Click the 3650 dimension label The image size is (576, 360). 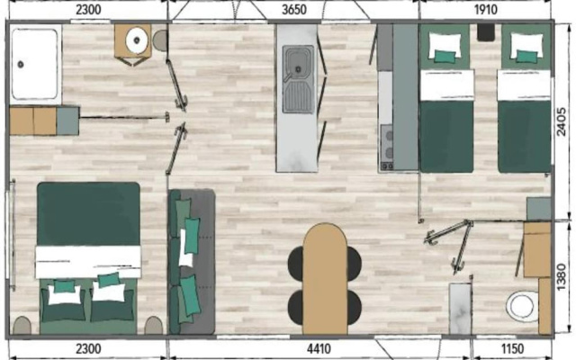click(x=294, y=10)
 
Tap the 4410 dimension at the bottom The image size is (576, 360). click(x=319, y=348)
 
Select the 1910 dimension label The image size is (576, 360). click(x=486, y=10)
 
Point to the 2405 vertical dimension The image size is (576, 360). click(x=562, y=122)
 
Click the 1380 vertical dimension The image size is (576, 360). click(x=562, y=277)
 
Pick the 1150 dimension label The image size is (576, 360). click(x=512, y=348)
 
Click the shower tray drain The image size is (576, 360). click(x=21, y=65)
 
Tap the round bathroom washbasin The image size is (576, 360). click(x=137, y=40)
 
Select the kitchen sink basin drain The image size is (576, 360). click(x=299, y=68)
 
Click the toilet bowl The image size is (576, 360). click(x=522, y=306)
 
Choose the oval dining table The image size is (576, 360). click(x=325, y=279)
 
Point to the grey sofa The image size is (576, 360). click(x=192, y=262)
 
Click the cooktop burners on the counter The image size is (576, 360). click(x=387, y=147)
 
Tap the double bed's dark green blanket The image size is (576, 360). click(x=88, y=214)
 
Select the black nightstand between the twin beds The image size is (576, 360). click(x=486, y=32)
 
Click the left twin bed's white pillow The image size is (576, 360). click(x=445, y=45)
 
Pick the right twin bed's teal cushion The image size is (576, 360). click(x=527, y=57)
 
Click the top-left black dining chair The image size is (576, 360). click(x=296, y=264)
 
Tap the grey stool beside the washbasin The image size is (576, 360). click(x=160, y=40)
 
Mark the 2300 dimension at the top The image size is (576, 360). click(x=88, y=10)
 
